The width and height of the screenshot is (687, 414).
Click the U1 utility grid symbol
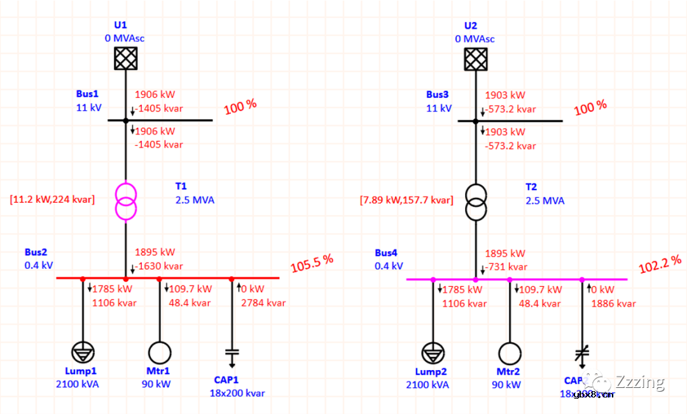pos(125,59)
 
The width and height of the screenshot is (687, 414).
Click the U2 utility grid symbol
pos(476,59)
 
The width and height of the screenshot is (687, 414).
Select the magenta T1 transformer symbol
pos(125,200)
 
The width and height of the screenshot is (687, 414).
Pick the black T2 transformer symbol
pos(476,200)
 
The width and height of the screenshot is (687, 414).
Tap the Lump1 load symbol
pos(82,352)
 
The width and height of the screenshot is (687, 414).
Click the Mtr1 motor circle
pos(159,352)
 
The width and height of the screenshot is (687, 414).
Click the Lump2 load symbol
pos(433,352)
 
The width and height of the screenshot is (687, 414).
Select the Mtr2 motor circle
pos(509,352)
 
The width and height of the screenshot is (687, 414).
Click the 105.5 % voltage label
pos(312,261)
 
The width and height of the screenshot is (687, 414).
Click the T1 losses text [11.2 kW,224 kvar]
pos(52,200)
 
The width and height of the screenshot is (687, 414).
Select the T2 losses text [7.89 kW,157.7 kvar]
pos(406,200)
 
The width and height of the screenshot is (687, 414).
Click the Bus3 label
pos(438,95)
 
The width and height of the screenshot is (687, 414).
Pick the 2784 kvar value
pos(263,303)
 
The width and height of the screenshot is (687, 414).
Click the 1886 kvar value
pos(613,303)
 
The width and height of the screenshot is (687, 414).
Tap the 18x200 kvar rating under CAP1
pos(237,393)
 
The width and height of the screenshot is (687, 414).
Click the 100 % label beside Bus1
pos(240,106)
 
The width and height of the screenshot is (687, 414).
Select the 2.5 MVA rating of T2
pos(545,200)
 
